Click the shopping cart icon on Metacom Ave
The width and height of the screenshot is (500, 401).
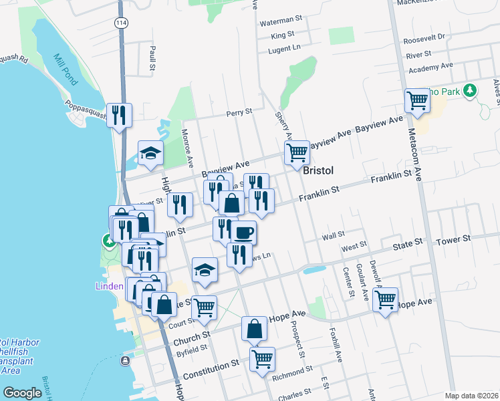click(x=417, y=101)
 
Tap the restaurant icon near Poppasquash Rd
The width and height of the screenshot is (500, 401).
click(x=119, y=115)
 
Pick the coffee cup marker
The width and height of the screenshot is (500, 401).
click(x=243, y=233)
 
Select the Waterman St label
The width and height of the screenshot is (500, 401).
click(x=281, y=22)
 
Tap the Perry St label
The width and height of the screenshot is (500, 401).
click(x=239, y=112)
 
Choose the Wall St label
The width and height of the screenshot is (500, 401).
click(x=332, y=235)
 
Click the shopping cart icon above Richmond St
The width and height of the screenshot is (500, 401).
click(x=262, y=359)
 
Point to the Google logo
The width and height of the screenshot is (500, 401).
click(x=22, y=393)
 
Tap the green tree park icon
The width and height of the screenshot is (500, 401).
click(x=471, y=90)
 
